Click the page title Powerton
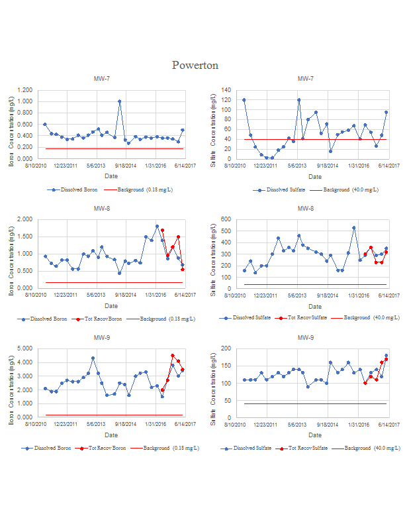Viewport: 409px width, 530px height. (195, 65)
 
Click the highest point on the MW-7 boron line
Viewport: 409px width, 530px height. (119, 101)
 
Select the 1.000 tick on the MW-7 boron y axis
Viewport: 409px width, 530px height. (24, 101)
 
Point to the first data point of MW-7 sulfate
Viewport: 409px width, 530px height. (244, 100)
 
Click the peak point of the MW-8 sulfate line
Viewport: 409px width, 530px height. (354, 228)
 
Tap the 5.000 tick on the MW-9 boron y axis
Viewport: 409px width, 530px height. (24, 348)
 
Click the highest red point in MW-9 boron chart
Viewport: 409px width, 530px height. (173, 356)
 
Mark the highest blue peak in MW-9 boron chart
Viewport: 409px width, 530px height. (93, 358)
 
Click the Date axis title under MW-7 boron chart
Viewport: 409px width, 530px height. (111, 176)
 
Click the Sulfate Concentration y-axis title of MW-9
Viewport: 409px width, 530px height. (213, 383)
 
